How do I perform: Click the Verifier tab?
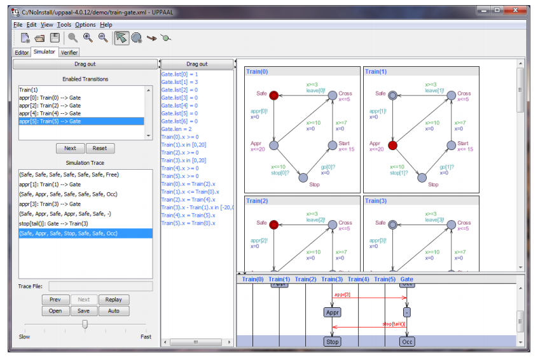click(x=69, y=52)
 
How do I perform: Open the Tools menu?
click(x=64, y=25)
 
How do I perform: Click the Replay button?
click(x=114, y=300)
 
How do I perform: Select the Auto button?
click(x=114, y=311)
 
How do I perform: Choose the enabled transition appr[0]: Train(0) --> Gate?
click(x=50, y=98)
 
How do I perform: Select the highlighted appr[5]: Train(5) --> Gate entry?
click(x=50, y=121)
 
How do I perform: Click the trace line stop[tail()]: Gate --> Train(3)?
click(x=54, y=223)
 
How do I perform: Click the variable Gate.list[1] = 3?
click(x=180, y=82)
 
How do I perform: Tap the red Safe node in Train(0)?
click(x=274, y=95)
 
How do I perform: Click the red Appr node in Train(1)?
click(x=393, y=146)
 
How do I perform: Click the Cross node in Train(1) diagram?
click(x=451, y=95)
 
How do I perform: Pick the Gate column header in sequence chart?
click(x=406, y=279)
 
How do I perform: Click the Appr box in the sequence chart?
click(x=333, y=312)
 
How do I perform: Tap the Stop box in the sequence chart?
click(x=333, y=342)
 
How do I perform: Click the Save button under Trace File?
click(x=84, y=311)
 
